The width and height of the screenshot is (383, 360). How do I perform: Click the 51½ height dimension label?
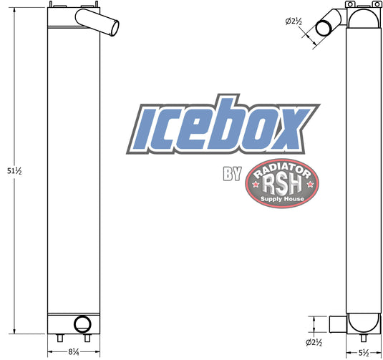tap(14, 171)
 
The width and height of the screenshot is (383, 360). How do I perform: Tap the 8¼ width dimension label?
tap(74, 352)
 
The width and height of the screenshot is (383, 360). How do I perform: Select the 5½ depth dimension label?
tap(364, 353)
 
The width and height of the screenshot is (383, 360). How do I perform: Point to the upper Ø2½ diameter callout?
tap(294, 21)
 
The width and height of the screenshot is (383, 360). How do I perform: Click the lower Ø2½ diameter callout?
tap(314, 342)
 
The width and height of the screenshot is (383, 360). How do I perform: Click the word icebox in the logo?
tap(223, 125)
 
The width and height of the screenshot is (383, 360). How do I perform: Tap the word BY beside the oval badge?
tap(232, 174)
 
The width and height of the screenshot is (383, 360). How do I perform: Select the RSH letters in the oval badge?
tap(282, 185)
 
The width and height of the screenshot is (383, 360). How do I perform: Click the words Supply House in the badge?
tap(282, 199)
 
